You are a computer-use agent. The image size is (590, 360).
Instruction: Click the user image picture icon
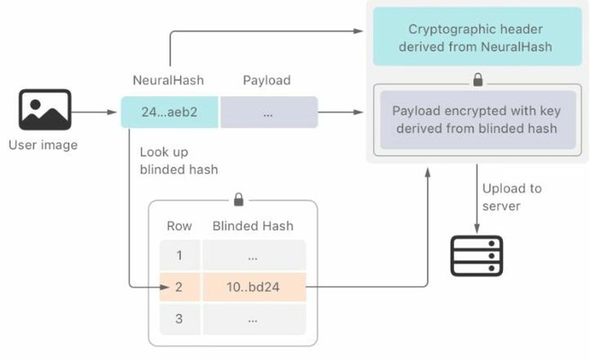(45, 110)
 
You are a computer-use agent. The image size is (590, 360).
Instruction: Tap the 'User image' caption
(42, 145)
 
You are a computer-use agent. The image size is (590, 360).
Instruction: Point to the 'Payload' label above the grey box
(267, 81)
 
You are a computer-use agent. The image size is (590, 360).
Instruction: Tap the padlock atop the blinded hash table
(238, 198)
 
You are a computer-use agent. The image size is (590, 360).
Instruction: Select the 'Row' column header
(180, 226)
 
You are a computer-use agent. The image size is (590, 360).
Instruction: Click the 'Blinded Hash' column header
(253, 226)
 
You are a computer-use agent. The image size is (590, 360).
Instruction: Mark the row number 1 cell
(180, 255)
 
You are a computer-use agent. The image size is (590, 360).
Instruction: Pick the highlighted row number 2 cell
(180, 287)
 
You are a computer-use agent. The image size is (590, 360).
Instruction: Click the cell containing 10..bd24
(254, 287)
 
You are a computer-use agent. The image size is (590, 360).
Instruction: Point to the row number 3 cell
(180, 319)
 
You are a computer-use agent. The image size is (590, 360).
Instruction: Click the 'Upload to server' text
(512, 198)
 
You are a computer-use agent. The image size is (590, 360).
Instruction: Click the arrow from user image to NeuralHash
(97, 112)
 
